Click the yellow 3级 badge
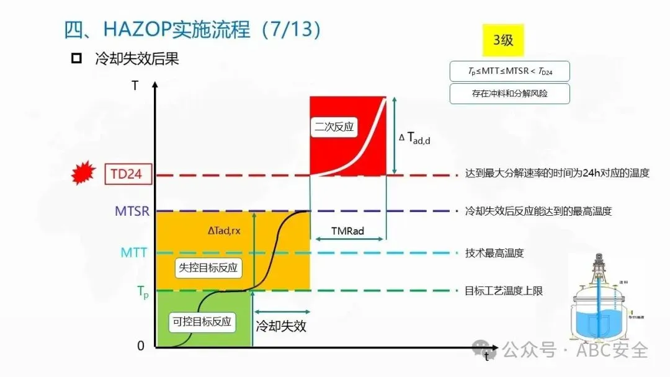(x=503, y=40)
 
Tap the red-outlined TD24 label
(x=127, y=174)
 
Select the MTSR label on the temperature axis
(x=132, y=211)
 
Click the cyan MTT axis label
(x=135, y=252)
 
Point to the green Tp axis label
(x=143, y=290)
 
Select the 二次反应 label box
(x=334, y=126)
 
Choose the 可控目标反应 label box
(x=202, y=321)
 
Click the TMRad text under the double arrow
(x=347, y=231)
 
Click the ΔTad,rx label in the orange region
(x=224, y=231)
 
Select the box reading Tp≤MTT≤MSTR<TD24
(x=509, y=71)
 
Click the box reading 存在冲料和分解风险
(x=509, y=94)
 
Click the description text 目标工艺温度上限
(x=504, y=290)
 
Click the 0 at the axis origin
(x=141, y=346)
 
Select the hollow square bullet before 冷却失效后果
(x=77, y=59)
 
